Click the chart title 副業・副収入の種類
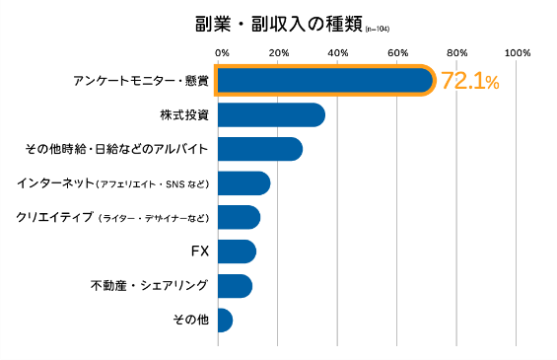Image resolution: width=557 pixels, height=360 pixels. point(278,25)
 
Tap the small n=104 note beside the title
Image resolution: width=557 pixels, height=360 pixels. point(377,30)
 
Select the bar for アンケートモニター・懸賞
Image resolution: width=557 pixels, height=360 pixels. point(325,81)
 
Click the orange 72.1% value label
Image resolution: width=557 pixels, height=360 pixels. point(470,81)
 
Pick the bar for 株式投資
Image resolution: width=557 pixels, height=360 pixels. point(271,114)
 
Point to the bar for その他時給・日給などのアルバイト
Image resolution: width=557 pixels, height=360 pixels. point(260,149)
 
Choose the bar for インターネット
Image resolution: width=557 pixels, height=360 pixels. point(244,183)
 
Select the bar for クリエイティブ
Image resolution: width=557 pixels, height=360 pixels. point(240,217)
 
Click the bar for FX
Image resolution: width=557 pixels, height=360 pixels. point(237,252)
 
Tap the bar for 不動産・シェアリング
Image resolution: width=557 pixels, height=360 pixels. point(236,286)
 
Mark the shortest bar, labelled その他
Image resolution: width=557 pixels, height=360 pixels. point(225,321)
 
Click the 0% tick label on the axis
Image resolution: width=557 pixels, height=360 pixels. point(222,53)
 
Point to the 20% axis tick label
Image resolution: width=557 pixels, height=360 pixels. point(279,53)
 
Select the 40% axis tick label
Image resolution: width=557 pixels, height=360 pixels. point(338,53)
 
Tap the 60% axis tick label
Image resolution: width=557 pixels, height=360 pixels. point(398,53)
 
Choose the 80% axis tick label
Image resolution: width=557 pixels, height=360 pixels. point(457,53)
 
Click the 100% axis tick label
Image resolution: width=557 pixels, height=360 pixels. point(518,53)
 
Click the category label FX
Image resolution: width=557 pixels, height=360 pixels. point(200,252)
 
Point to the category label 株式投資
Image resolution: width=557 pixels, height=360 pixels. point(184,115)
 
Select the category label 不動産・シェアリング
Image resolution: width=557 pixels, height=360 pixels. point(149,285)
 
